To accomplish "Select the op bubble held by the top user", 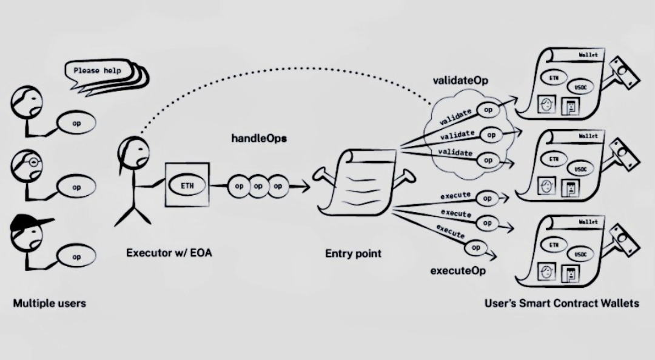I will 76,123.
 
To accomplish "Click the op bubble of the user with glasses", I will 76,187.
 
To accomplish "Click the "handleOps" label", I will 259,139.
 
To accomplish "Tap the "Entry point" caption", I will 353,253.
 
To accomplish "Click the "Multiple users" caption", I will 49,302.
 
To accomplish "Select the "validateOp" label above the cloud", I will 460,80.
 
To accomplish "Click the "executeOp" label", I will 458,270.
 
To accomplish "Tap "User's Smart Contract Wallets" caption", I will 562,302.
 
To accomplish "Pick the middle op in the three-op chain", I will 258,186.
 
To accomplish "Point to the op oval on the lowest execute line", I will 476,247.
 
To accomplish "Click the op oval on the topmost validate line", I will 488,111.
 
